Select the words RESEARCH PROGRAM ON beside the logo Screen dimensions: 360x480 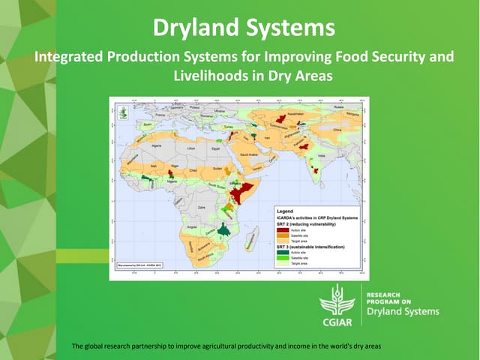tap(387, 298)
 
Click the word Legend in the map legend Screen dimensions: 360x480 tap(285, 211)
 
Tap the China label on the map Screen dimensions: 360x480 tap(336, 129)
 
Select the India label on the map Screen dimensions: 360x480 tap(322, 156)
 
